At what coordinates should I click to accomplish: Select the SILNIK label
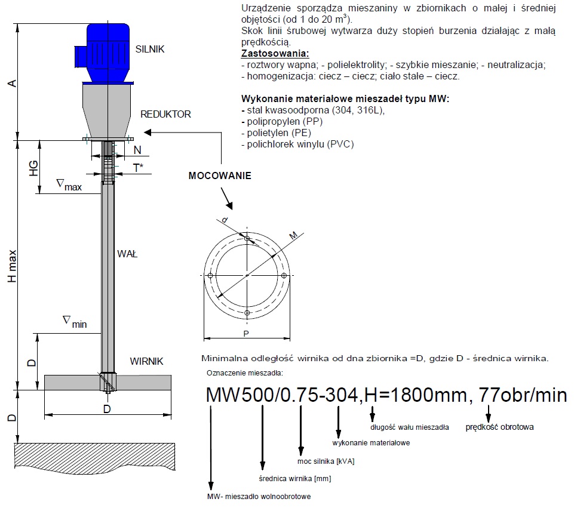click(150, 50)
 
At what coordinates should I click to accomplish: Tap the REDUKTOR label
click(165, 114)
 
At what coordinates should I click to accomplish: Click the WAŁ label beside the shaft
click(127, 254)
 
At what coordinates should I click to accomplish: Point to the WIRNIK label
click(146, 361)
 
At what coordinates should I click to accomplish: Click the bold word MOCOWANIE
click(220, 176)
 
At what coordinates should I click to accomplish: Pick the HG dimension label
click(33, 168)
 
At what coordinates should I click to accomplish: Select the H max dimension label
click(13, 266)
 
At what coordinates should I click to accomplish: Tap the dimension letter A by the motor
click(13, 83)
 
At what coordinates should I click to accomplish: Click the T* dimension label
click(138, 168)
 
